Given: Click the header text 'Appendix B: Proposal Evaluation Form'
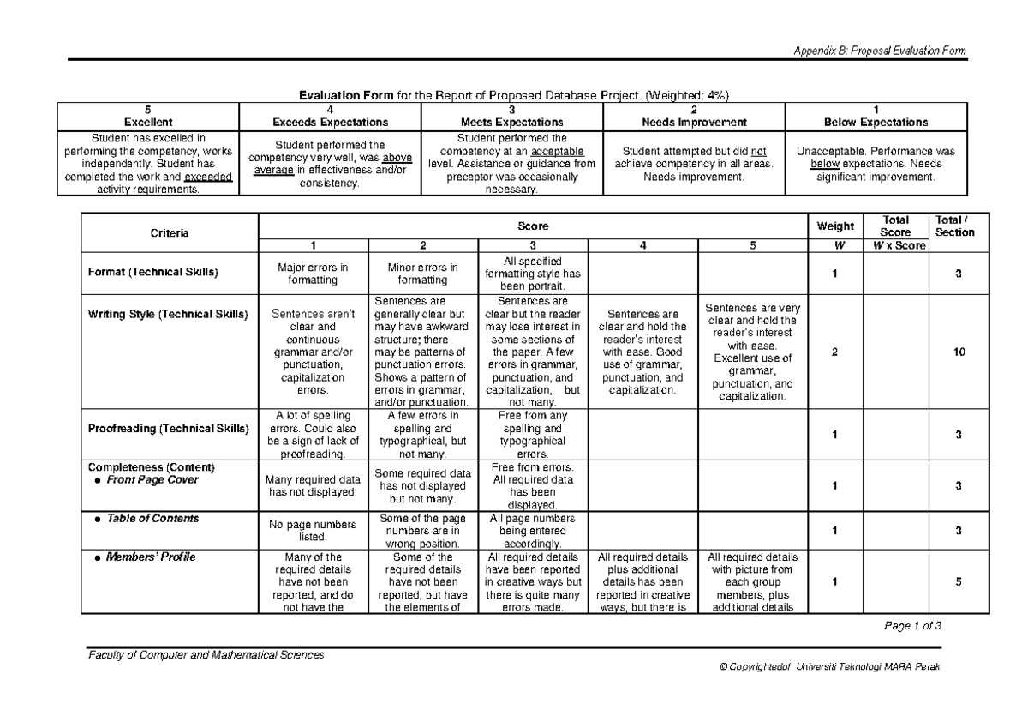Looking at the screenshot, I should point(880,51).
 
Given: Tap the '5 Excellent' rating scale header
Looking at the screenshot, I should point(147,117).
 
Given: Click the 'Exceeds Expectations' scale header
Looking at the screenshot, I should point(330,123).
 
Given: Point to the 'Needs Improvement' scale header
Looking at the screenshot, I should point(694,123).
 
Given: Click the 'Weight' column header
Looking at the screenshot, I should point(834,226).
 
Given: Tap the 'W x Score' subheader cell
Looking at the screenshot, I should point(895,244).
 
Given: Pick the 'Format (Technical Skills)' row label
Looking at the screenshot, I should point(153,273).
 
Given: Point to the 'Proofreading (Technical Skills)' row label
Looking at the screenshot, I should point(167,429).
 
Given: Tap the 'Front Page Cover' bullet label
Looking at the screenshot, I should point(152,480).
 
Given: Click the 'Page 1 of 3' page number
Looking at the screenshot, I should point(911,626).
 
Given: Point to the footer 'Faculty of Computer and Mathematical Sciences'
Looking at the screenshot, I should point(205,655).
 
